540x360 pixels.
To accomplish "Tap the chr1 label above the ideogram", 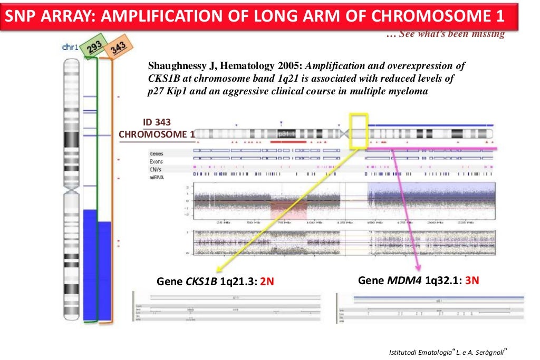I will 70,47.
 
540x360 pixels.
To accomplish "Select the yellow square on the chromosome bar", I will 359,130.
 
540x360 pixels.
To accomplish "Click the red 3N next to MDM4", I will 471,280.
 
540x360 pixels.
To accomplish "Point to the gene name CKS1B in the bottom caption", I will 201,281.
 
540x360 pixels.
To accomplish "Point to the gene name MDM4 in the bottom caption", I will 404,280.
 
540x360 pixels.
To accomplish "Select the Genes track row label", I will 156,153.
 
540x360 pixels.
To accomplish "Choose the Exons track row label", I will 156,161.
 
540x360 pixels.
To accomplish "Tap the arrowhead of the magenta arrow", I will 418,268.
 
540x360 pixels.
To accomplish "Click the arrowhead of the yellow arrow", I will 216,270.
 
